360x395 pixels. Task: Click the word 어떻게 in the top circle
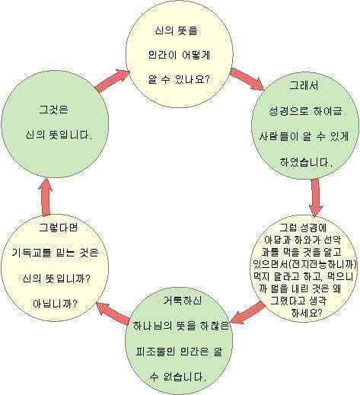(196, 55)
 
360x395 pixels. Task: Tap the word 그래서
(304, 85)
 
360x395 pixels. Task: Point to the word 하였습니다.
(306, 162)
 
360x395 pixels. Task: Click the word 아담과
(276, 240)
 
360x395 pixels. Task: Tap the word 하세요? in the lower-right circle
(307, 313)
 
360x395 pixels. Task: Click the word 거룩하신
(183, 301)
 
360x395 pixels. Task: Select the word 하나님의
(152, 326)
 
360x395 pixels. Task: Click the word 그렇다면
(58, 228)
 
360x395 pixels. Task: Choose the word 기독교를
(31, 253)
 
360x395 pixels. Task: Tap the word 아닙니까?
(55, 304)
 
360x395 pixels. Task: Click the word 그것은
(53, 110)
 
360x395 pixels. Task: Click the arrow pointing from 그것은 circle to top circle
(113, 80)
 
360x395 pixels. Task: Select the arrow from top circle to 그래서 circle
(247, 79)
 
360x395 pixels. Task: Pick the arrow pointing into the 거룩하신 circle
(248, 313)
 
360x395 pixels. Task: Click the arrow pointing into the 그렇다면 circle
(113, 313)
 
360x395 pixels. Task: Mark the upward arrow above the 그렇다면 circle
(46, 197)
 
